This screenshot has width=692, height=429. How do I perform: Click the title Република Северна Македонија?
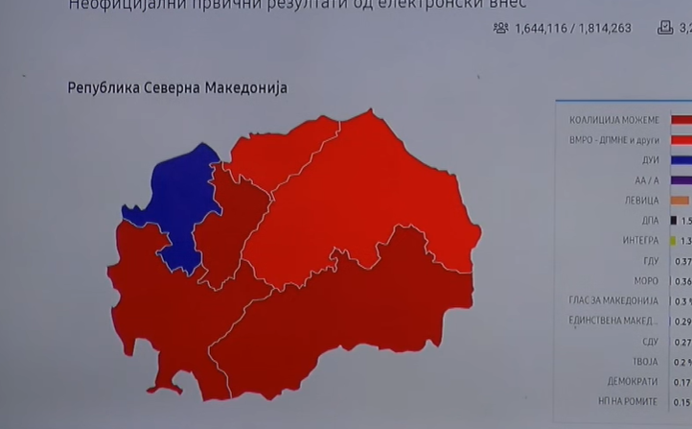pos(177,88)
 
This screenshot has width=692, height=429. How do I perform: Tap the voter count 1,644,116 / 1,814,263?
pos(573,28)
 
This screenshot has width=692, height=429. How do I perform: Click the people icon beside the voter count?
pos(500,28)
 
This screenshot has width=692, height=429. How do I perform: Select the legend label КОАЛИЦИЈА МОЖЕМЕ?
pos(613,120)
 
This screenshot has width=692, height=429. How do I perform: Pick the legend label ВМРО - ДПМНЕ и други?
pos(613,140)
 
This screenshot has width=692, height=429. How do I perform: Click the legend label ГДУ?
pos(648,261)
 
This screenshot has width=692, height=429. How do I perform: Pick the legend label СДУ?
pos(648,342)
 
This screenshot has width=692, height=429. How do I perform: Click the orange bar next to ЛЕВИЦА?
pos(680,201)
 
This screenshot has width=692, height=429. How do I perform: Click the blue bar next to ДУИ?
pos(681,160)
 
